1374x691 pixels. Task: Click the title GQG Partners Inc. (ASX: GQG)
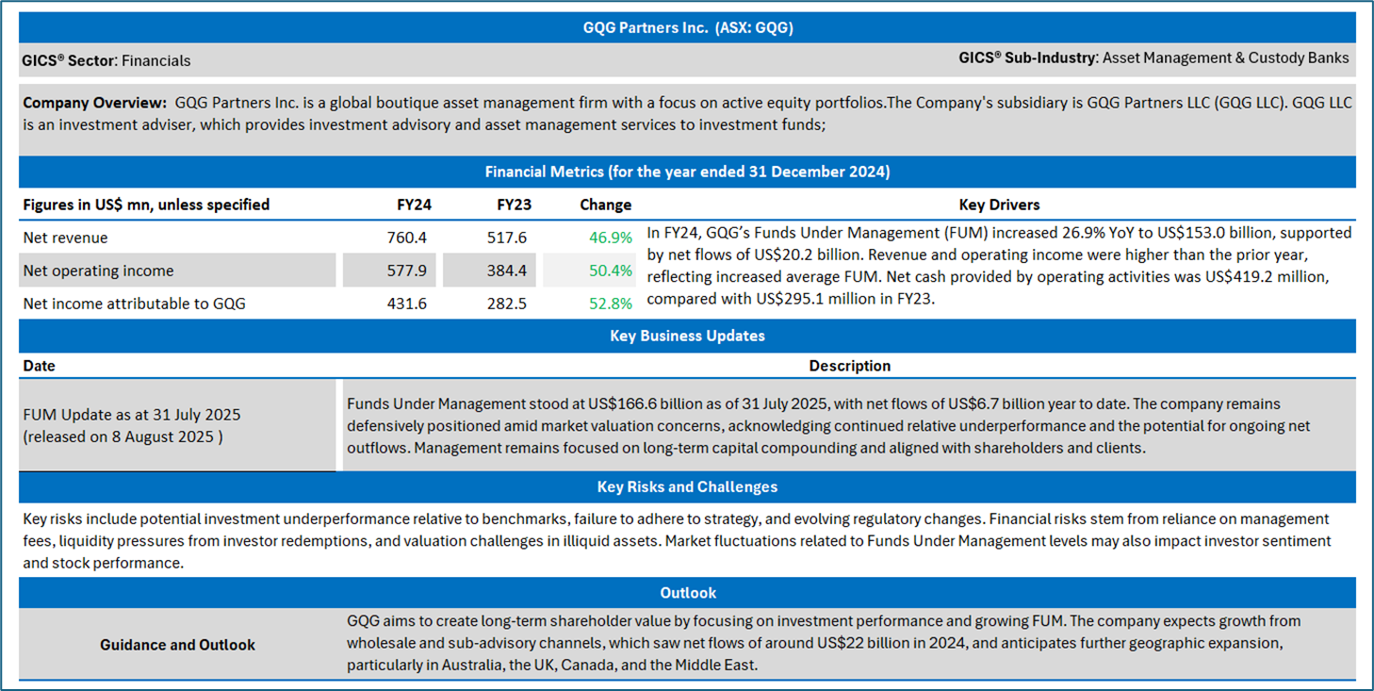(687, 27)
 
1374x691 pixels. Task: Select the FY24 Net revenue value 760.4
(406, 238)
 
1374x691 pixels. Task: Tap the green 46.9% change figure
(611, 238)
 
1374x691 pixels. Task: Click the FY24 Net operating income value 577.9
(406, 271)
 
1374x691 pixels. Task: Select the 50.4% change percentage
(611, 271)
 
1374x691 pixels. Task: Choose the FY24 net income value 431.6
(406, 304)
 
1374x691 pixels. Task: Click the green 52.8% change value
(611, 304)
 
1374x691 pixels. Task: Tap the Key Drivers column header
(999, 205)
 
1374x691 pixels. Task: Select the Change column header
(605, 205)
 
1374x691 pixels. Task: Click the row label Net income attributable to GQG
(134, 304)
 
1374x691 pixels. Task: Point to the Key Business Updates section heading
(687, 336)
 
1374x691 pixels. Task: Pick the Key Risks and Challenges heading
(687, 486)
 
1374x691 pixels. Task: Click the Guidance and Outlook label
(177, 645)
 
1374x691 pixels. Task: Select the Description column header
(849, 366)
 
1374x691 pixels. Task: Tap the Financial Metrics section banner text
(687, 172)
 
